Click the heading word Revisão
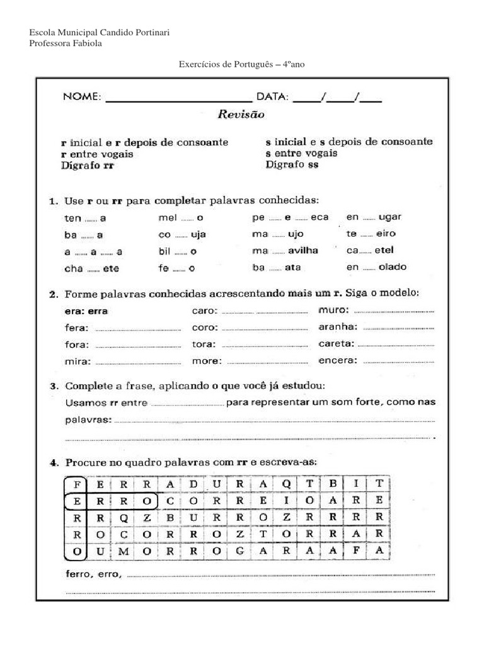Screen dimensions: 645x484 pyautogui.click(x=241, y=115)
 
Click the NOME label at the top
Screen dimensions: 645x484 pyautogui.click(x=81, y=97)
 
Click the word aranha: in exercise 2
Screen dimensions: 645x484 pyautogui.click(x=338, y=327)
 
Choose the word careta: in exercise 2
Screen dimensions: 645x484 pyautogui.click(x=337, y=344)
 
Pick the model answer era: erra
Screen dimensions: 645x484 pyautogui.click(x=86, y=311)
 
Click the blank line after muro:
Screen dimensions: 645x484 pyautogui.click(x=395, y=311)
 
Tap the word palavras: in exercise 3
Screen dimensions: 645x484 pyautogui.click(x=88, y=420)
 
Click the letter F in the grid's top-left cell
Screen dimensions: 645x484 pyautogui.click(x=76, y=484)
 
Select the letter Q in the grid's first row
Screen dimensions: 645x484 pyautogui.click(x=285, y=484)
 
